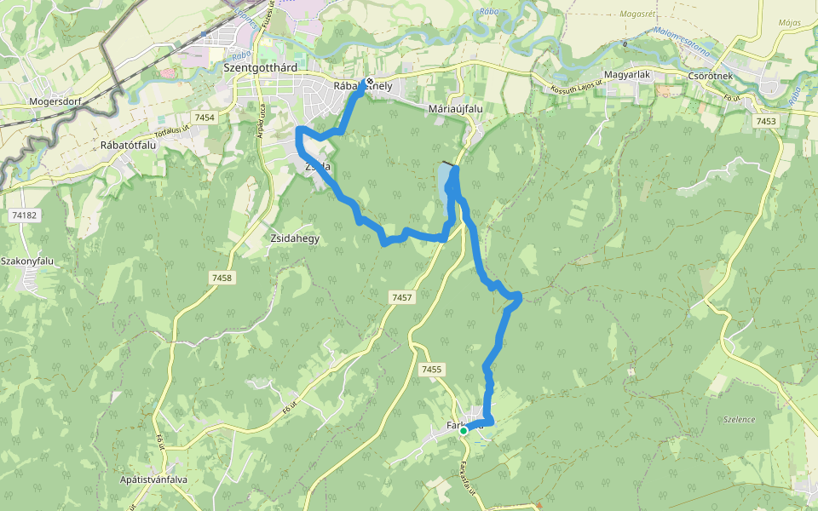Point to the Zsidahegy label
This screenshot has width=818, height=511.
pyautogui.click(x=294, y=238)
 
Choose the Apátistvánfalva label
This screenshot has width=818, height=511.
pyautogui.click(x=153, y=479)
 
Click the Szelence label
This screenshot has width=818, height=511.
pyautogui.click(x=739, y=420)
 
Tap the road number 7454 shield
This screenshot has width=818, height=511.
pyautogui.click(x=204, y=118)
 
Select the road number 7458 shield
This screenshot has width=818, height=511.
pyautogui.click(x=222, y=278)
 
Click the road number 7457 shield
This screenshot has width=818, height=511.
pyautogui.click(x=401, y=297)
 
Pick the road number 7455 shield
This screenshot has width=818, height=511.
pyautogui.click(x=431, y=369)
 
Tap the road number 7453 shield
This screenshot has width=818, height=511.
pyautogui.click(x=765, y=122)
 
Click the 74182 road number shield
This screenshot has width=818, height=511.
pyautogui.click(x=26, y=215)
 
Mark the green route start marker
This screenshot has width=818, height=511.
pyautogui.click(x=463, y=431)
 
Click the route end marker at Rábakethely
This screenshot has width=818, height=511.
pyautogui.click(x=369, y=83)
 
